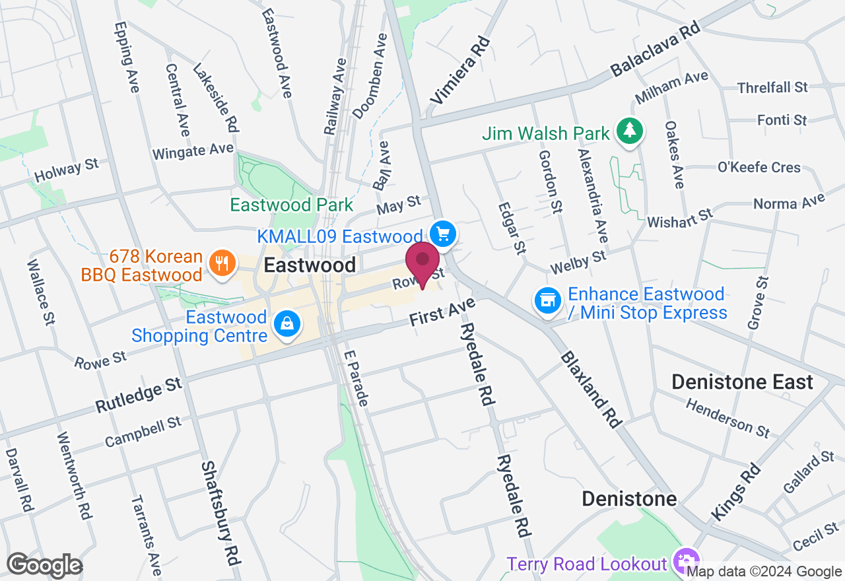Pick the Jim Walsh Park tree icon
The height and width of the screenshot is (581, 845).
click(630, 130)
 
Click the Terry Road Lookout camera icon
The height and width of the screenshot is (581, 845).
click(686, 562)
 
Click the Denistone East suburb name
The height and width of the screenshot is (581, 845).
click(742, 382)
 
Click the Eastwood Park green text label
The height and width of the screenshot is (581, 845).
click(292, 205)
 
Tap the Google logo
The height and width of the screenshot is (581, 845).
click(44, 566)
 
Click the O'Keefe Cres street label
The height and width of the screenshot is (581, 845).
click(759, 168)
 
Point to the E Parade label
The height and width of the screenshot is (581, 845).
click(356, 378)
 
